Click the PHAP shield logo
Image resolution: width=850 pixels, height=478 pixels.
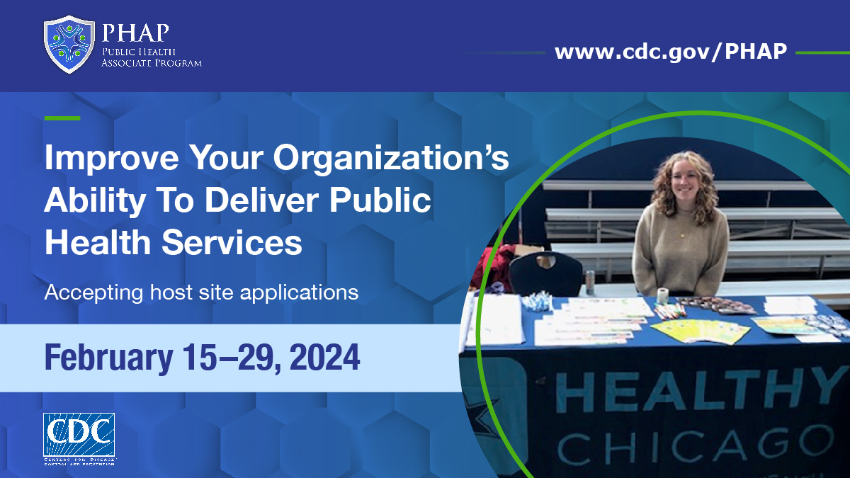69,44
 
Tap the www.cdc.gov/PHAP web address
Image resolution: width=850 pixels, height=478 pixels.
670,52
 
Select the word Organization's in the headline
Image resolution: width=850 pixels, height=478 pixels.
391,159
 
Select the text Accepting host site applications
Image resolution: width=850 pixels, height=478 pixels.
201,292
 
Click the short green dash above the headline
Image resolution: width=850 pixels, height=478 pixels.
62,118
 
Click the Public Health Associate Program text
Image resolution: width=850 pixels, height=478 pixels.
152,57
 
